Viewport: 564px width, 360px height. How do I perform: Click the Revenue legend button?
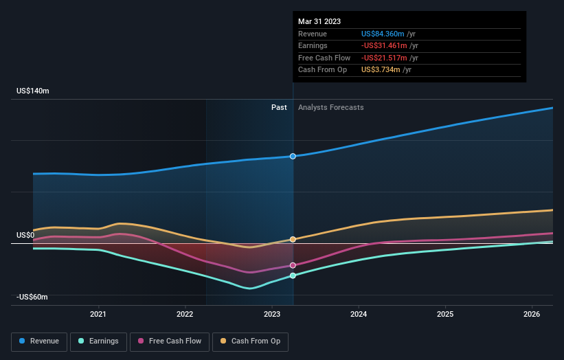[x=39, y=341]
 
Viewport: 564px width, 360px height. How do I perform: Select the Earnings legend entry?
[x=98, y=341]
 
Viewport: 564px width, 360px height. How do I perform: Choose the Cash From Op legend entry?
[x=251, y=341]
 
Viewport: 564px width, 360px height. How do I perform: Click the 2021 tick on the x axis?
[x=98, y=314]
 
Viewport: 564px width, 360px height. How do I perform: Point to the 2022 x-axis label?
[x=185, y=314]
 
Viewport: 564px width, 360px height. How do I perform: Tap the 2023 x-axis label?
[x=271, y=314]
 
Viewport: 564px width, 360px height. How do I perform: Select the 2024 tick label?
[x=358, y=314]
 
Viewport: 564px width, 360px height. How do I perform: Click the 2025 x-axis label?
[x=444, y=314]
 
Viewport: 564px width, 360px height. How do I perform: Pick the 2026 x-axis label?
[x=531, y=314]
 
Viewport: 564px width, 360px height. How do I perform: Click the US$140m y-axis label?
[x=33, y=91]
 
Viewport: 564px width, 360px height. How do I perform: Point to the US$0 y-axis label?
[x=25, y=235]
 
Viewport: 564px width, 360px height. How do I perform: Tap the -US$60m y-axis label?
[x=33, y=297]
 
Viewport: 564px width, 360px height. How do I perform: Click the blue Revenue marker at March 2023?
[x=293, y=156]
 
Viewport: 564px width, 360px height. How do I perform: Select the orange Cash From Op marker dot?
[x=293, y=239]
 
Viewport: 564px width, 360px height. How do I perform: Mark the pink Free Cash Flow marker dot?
[x=293, y=265]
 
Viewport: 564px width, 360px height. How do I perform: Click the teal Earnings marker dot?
[x=293, y=275]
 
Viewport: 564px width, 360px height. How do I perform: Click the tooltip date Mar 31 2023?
[x=319, y=22]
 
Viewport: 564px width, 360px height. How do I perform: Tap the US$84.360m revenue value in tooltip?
[x=387, y=34]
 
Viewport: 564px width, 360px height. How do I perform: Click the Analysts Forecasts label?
[x=330, y=107]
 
